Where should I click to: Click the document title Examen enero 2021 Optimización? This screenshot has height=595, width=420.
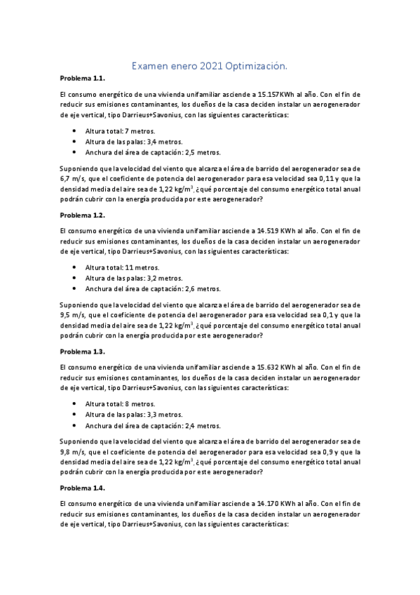210,66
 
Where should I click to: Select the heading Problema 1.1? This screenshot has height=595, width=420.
82,79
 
